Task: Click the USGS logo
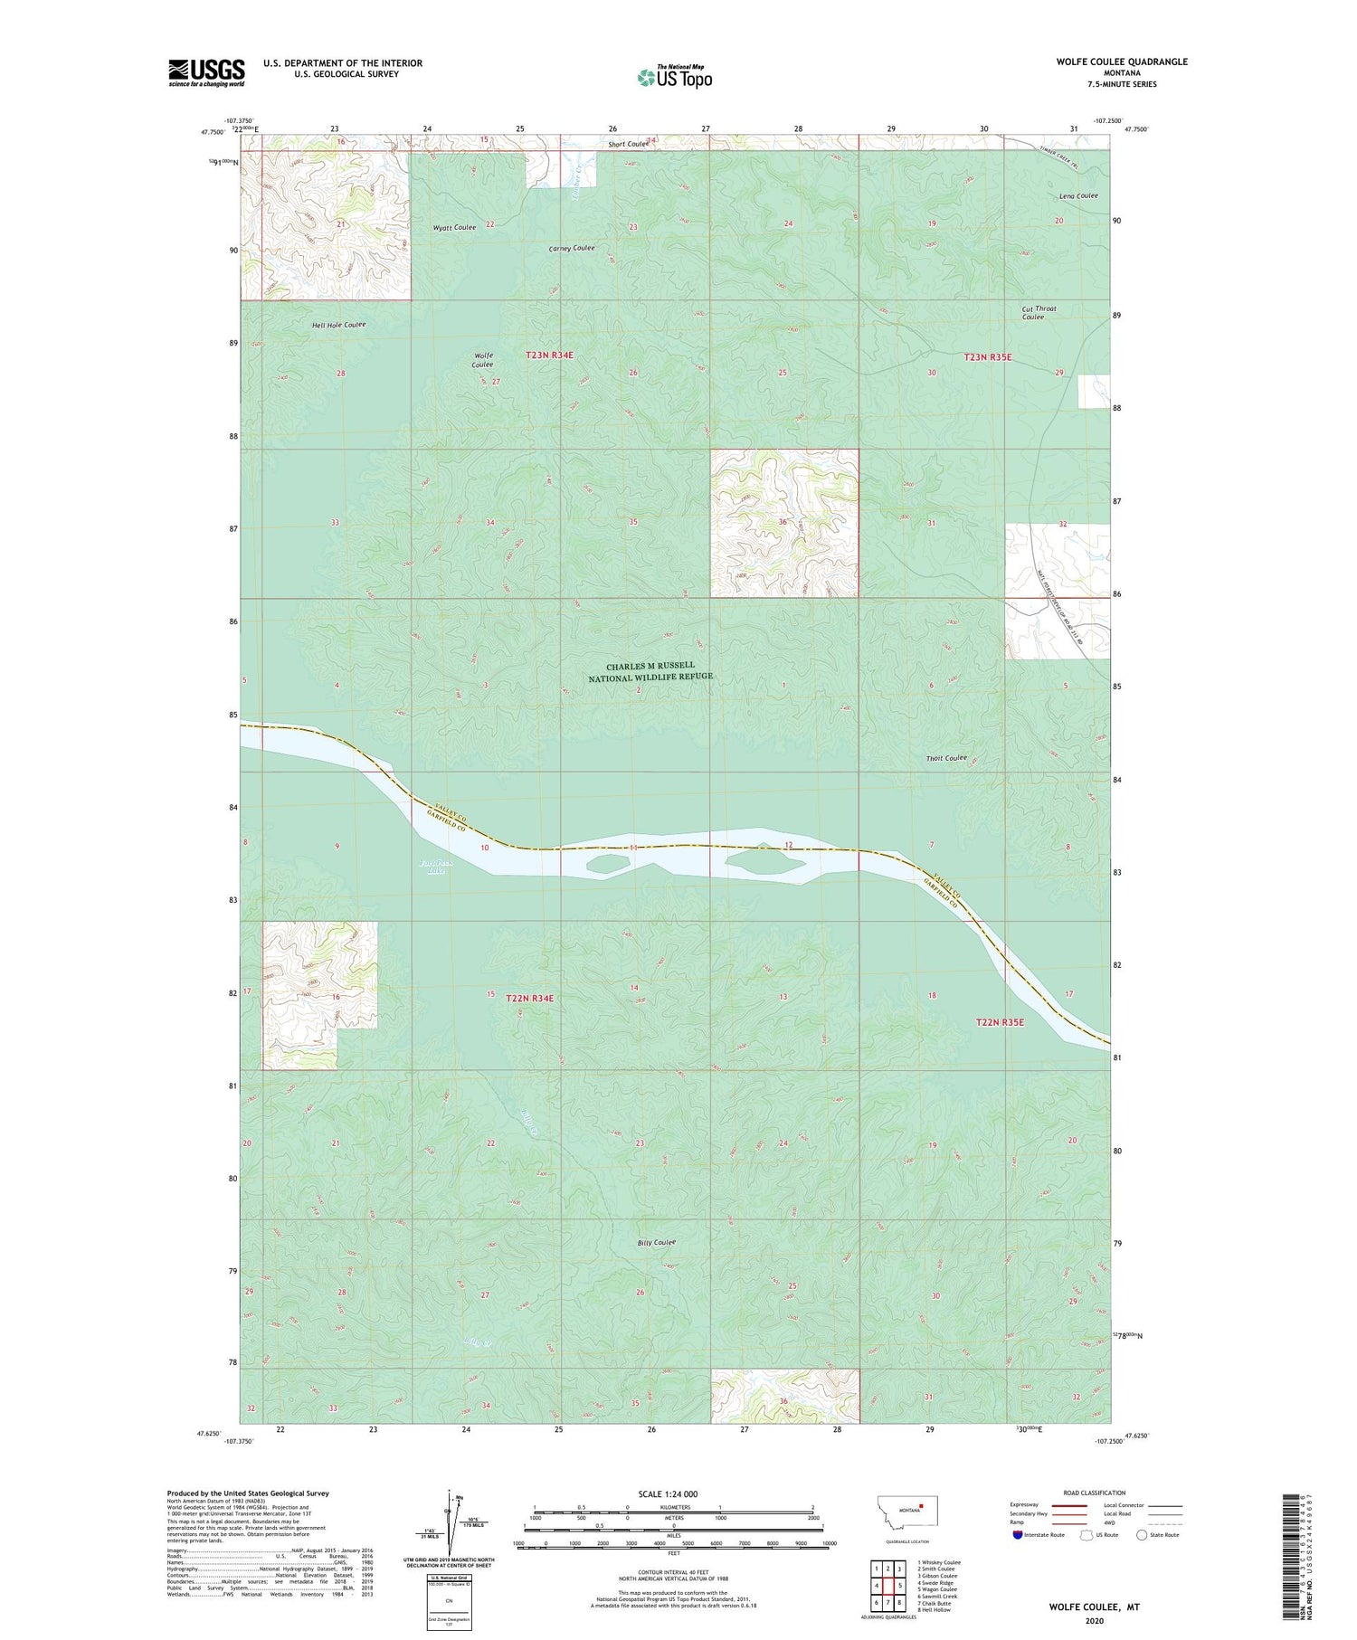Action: pyautogui.click(x=206, y=71)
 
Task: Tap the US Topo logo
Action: pyautogui.click(x=675, y=77)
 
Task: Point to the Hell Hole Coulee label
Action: pyautogui.click(x=338, y=325)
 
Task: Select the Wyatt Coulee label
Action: pyautogui.click(x=454, y=228)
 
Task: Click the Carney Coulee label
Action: pyautogui.click(x=572, y=248)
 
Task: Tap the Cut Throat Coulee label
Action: pyautogui.click(x=1039, y=312)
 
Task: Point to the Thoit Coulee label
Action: pyautogui.click(x=946, y=758)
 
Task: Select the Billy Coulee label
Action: pyautogui.click(x=657, y=1242)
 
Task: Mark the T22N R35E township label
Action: pyautogui.click(x=1000, y=1021)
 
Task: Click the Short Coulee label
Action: pyautogui.click(x=628, y=144)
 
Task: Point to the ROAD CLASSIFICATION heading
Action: pyautogui.click(x=1095, y=1493)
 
